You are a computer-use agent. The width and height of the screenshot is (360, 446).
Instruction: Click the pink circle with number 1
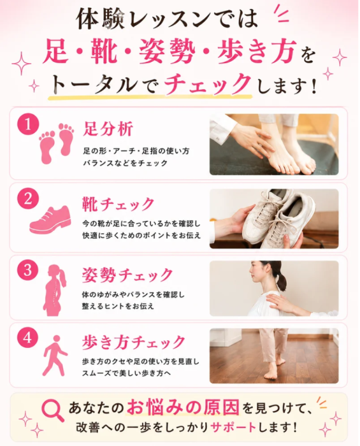28,125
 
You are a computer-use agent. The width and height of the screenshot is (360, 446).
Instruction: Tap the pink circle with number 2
28,199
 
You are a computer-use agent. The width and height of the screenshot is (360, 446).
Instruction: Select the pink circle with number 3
28,270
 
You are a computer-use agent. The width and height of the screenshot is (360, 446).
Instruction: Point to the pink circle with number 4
28,338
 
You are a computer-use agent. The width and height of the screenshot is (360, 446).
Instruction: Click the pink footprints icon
57,143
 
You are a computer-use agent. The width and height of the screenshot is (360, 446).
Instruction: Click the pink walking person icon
54,356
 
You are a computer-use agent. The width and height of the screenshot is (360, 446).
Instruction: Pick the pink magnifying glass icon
53,410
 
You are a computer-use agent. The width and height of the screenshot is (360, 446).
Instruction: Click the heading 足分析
108,129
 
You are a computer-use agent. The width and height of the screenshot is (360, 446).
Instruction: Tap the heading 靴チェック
118,205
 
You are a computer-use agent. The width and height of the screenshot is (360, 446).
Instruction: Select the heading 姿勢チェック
127,275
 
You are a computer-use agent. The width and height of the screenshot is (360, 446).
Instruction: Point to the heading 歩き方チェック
134,342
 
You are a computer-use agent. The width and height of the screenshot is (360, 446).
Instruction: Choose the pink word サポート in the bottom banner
233,428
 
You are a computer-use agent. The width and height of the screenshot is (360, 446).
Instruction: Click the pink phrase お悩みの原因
183,408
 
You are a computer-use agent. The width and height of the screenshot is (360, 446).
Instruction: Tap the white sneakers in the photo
280,218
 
